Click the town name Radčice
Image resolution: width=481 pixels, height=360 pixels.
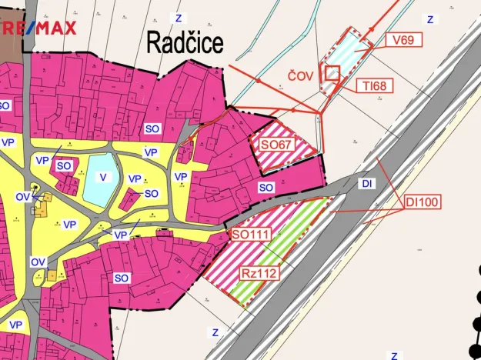click(185, 43)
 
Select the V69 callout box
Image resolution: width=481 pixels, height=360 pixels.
click(403, 40)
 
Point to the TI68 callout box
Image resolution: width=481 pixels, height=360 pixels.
click(375, 86)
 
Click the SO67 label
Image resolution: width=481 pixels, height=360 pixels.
click(276, 144)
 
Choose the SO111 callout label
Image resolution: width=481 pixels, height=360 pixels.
click(251, 234)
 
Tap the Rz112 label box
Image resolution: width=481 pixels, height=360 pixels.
click(258, 272)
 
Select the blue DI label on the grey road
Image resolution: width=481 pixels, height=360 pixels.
click(367, 184)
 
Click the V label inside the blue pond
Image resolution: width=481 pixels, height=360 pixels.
click(102, 177)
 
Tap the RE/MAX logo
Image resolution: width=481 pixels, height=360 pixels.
click(38, 29)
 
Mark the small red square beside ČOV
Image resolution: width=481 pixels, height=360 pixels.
click(332, 73)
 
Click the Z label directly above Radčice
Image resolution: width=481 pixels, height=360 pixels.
click(179, 17)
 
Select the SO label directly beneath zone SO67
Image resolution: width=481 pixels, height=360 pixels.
click(266, 187)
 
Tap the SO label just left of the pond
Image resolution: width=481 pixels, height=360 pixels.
click(64, 165)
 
